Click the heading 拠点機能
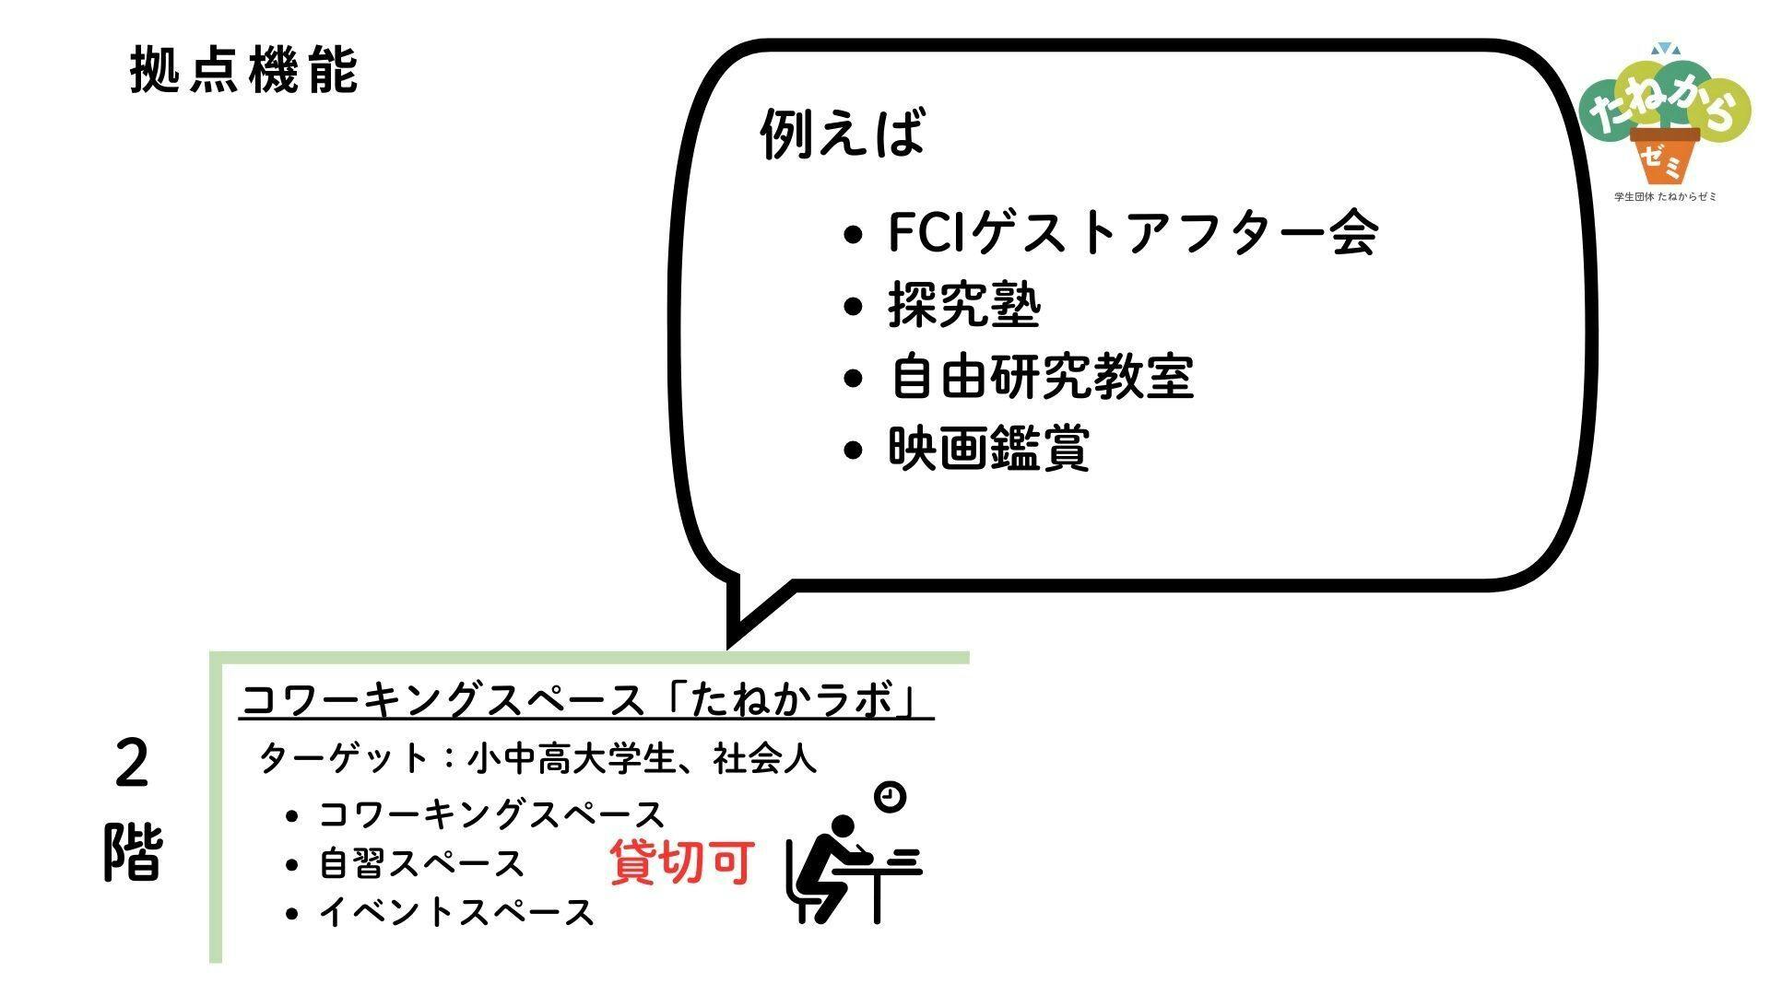click(243, 70)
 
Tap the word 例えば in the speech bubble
click(842, 134)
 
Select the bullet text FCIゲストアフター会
click(1133, 232)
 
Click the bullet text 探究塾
click(964, 305)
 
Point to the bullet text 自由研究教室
click(1042, 377)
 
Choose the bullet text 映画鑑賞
click(989, 449)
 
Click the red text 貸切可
click(683, 862)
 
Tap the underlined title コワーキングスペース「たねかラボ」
click(586, 701)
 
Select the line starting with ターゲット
click(538, 759)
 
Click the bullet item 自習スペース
click(421, 864)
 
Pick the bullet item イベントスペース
click(456, 913)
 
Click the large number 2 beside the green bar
click(132, 765)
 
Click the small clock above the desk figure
click(890, 796)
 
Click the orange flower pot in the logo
click(1665, 156)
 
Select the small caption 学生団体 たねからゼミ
click(1665, 197)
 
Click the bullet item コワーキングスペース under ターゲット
click(491, 815)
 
